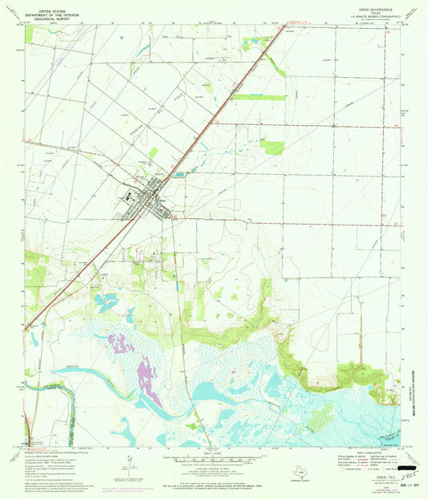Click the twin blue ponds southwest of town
108,303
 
